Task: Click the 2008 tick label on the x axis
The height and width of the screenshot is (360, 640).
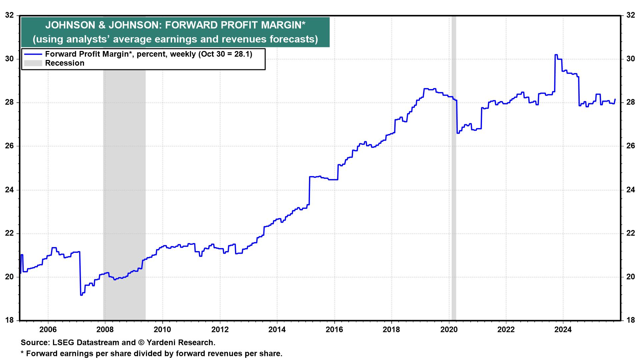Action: (x=105, y=330)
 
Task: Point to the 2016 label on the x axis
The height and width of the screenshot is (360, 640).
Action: (x=334, y=330)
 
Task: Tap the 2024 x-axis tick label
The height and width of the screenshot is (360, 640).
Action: (x=563, y=330)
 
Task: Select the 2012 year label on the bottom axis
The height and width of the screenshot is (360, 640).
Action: (x=220, y=330)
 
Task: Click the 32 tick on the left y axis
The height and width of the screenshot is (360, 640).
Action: (x=10, y=15)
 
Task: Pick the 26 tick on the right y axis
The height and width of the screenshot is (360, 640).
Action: (x=630, y=146)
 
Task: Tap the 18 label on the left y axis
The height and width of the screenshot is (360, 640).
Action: (x=10, y=320)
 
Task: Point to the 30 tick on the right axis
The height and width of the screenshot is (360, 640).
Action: (x=630, y=59)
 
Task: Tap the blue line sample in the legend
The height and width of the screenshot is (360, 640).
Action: (x=33, y=54)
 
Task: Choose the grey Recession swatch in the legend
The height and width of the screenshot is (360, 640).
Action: (x=33, y=63)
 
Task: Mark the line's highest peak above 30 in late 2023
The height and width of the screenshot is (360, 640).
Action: (x=556, y=55)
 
